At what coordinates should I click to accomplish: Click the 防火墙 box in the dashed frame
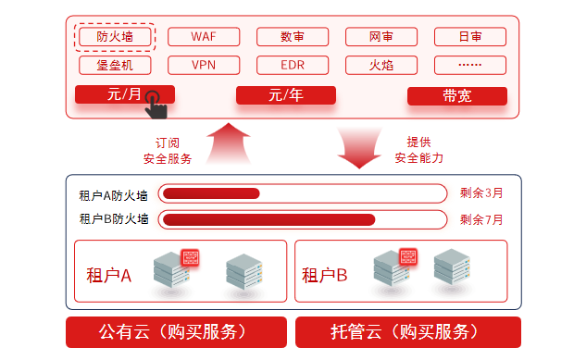115,37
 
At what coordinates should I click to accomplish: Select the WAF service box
204,37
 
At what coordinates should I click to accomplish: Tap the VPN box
204,65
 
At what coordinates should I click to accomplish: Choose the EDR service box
293,65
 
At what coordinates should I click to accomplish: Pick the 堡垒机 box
115,65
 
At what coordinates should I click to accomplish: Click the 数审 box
293,37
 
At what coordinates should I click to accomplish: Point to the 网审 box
381,37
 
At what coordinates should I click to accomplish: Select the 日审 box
470,37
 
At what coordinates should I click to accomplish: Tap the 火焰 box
381,65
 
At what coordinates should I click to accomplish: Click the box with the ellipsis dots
470,65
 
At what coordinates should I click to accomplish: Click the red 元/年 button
286,95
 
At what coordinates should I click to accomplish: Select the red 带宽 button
457,96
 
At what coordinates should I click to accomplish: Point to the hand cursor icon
156,105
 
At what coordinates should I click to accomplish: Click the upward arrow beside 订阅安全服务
229,143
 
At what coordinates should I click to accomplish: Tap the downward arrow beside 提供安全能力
359,148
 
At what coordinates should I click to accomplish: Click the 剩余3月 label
481,192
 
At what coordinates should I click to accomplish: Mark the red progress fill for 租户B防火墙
269,219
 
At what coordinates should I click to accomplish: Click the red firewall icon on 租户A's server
191,257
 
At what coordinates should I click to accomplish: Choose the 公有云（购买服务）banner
176,332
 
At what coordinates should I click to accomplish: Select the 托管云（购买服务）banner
408,332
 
